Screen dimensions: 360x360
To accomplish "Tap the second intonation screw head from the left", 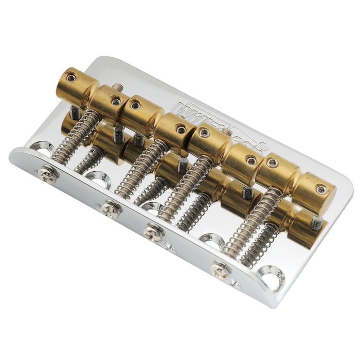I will point(111,209).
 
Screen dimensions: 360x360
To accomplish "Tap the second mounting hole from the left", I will point(99,180).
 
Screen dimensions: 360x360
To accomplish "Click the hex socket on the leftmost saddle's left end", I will point(70,77).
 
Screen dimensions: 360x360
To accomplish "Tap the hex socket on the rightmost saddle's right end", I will point(321,189).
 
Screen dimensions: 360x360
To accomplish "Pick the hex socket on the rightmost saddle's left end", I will point(273,163).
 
